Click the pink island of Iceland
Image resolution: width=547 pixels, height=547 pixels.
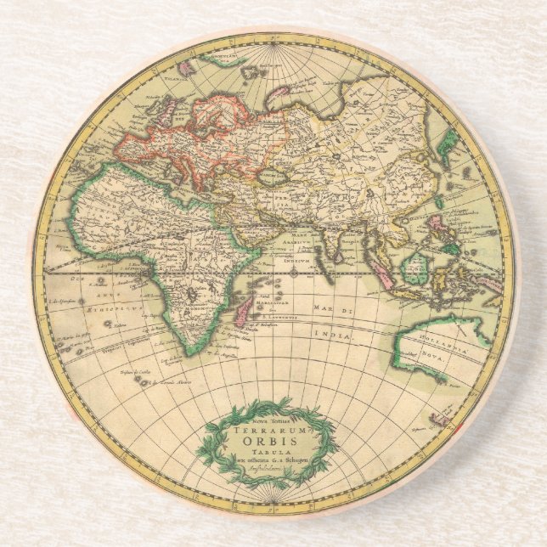187,62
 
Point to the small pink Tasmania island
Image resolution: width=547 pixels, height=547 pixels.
441,419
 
